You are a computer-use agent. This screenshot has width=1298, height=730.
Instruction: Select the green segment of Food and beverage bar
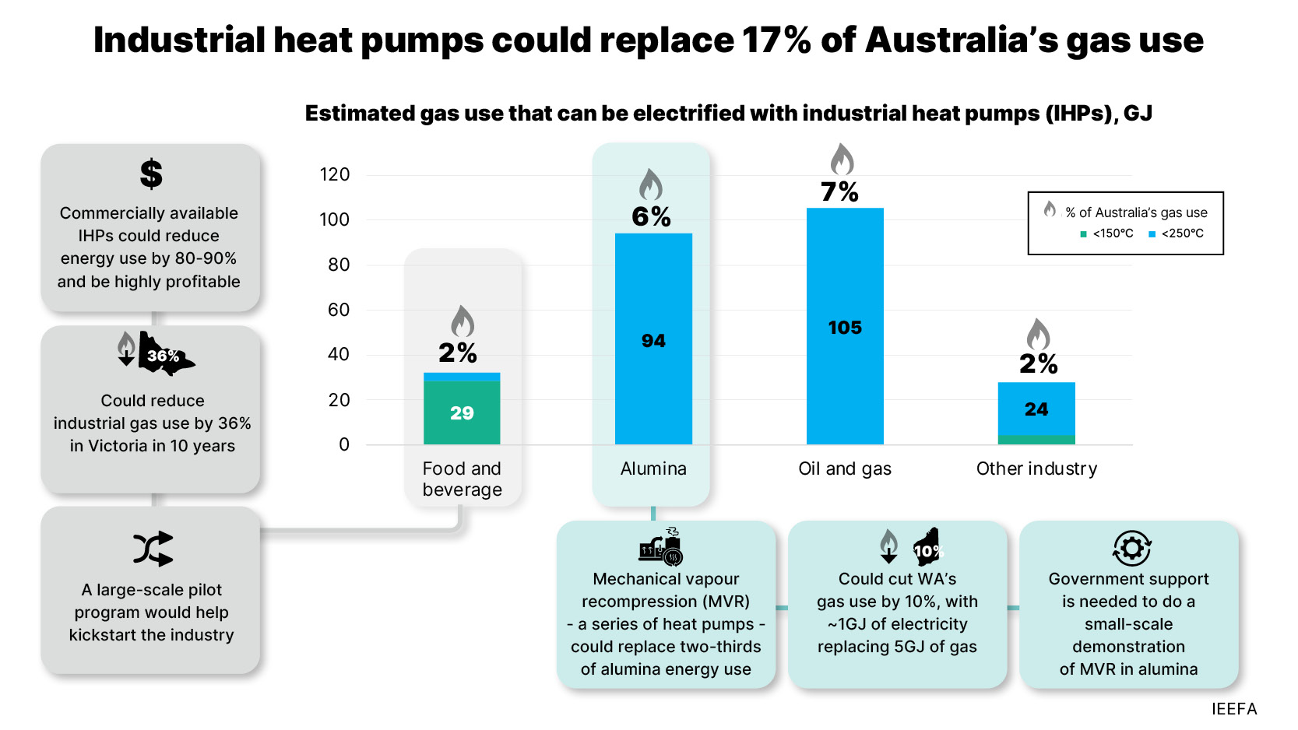pos(462,412)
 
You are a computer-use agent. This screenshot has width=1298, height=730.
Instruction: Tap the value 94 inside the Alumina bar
pos(653,341)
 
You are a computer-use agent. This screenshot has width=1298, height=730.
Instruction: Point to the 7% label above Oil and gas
pos(839,191)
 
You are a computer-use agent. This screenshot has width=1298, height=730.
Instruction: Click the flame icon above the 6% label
pos(650,185)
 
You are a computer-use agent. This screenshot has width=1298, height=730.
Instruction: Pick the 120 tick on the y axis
pos(335,174)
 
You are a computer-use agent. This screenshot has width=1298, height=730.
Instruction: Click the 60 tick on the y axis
pos(338,310)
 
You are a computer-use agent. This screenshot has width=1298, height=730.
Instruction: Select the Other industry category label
pos(1036,469)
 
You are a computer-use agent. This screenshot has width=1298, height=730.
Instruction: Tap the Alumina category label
pos(653,469)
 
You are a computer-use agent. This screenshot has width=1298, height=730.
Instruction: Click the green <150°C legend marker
pos(1083,233)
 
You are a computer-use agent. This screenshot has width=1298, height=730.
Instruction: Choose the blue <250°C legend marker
pos(1152,233)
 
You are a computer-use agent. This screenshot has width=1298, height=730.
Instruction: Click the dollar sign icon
pos(151,174)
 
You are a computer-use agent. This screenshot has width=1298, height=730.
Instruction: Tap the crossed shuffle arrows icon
pos(153,549)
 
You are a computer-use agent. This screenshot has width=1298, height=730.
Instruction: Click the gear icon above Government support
pos(1131,549)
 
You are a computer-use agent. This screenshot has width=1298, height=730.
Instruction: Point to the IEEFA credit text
pos(1234,709)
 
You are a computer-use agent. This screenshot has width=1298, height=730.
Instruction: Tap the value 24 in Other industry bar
pos(1036,409)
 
